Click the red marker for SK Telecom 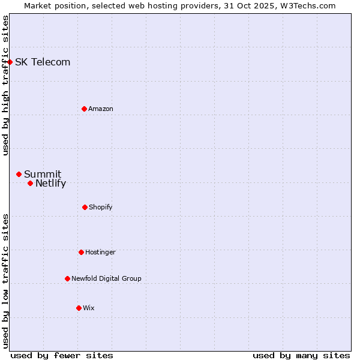pos(10,62)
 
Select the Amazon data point pos(84,109)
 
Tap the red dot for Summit pos(19,174)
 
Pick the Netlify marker pos(30,183)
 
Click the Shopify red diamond pos(85,207)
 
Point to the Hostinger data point pos(81,252)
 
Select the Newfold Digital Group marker pos(67,278)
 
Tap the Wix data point pos(79,308)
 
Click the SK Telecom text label pos(43,62)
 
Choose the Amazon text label pos(101,109)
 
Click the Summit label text pos(43,174)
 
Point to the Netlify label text pos(50,184)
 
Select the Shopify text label pos(101,207)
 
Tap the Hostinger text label pos(100,252)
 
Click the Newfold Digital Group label pos(106,278)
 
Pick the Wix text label pos(89,308)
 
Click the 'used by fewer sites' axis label pos(62,355)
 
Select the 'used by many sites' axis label pos(301,355)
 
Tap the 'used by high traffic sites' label pos(5,85)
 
